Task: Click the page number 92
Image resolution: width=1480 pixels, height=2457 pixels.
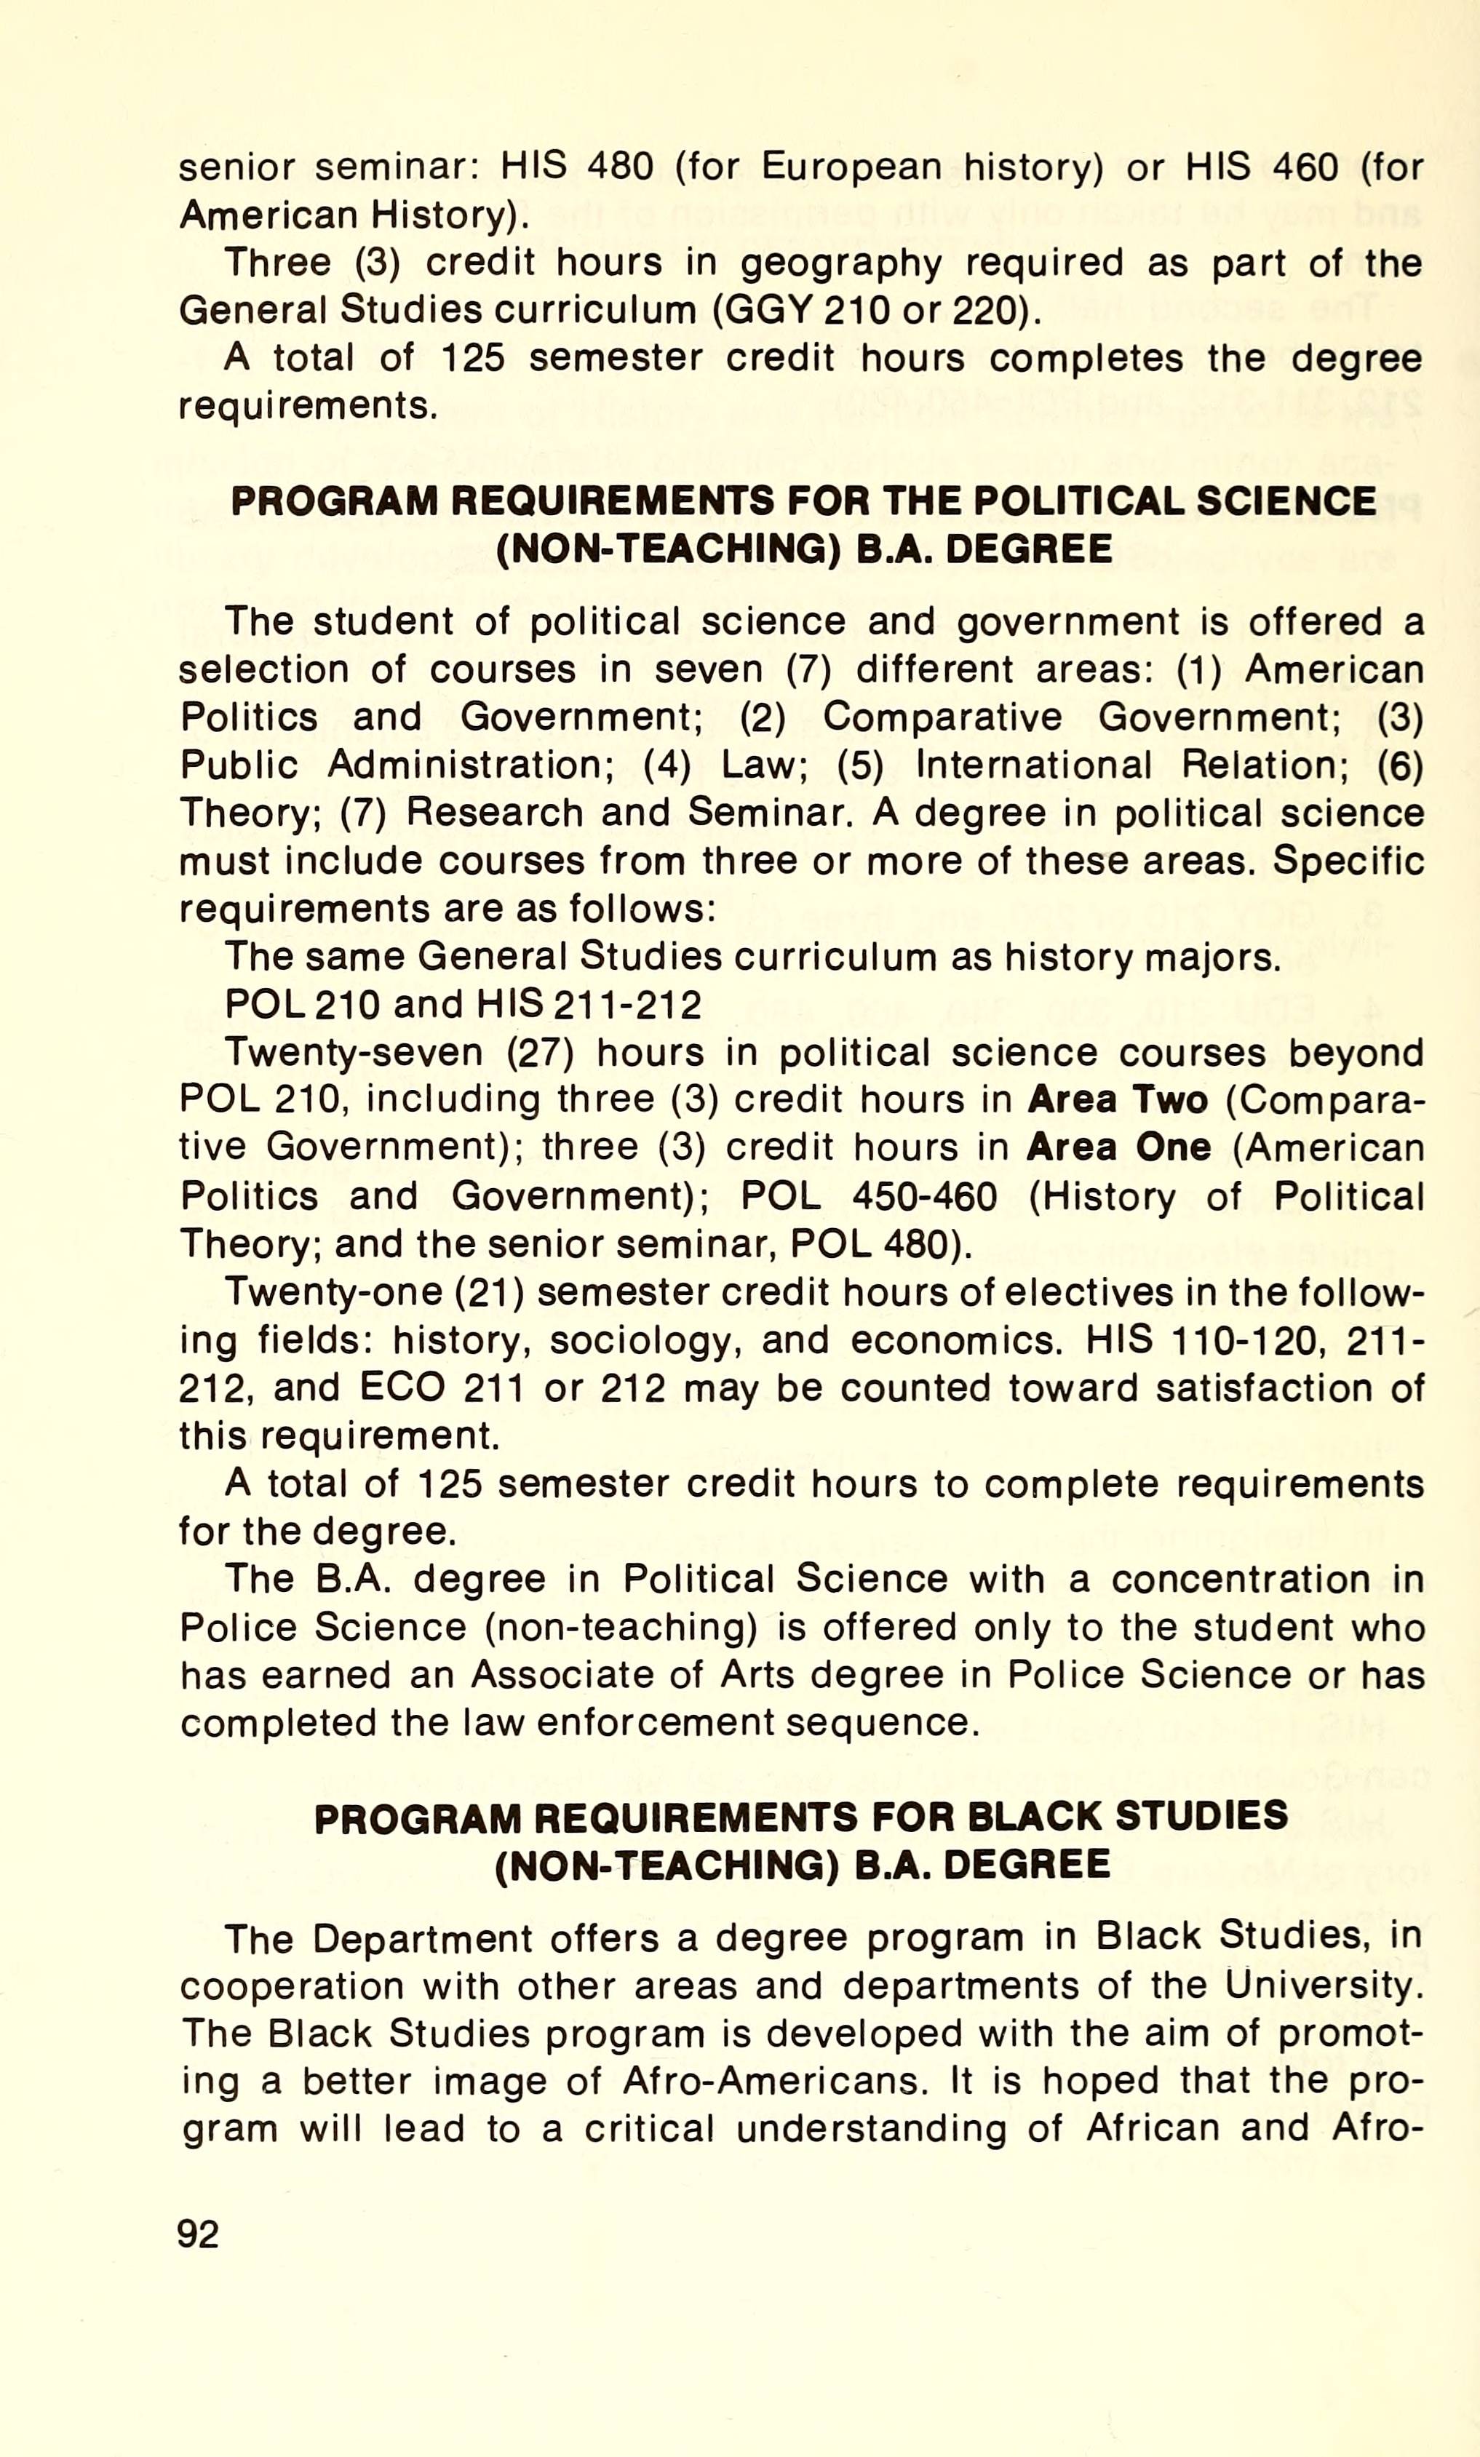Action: click(197, 2234)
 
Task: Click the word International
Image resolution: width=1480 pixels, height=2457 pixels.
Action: click(1033, 765)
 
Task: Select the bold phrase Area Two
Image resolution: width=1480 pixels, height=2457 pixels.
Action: click(1117, 1100)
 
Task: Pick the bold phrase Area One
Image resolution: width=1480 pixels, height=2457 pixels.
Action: click(1118, 1147)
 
